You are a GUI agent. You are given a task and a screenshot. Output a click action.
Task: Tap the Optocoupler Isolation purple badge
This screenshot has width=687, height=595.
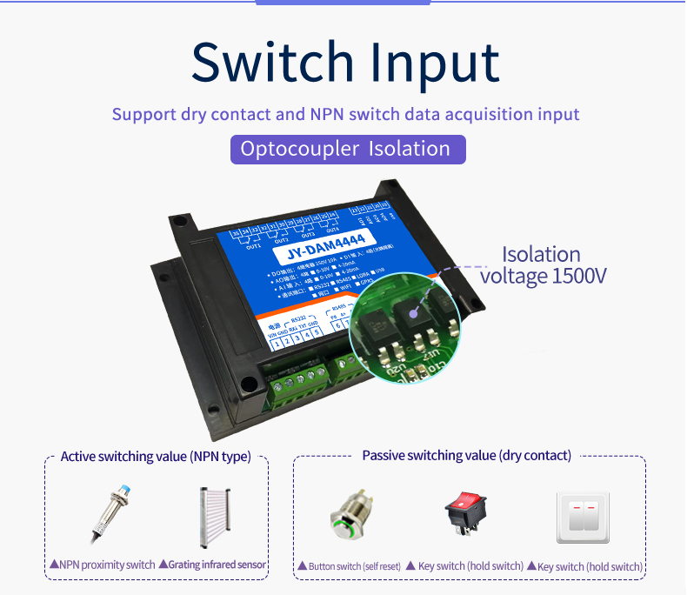tap(348, 149)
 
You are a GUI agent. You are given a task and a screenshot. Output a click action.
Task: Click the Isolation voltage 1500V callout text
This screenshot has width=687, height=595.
tap(544, 265)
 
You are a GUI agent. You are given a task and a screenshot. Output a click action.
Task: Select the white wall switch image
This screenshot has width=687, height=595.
tap(583, 517)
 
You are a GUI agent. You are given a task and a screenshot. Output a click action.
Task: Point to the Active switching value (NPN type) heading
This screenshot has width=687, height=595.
tap(156, 456)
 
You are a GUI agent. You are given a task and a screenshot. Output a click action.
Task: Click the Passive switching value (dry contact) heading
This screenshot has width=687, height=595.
tap(467, 455)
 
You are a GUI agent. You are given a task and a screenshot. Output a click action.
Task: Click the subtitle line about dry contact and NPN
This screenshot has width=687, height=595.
tap(345, 114)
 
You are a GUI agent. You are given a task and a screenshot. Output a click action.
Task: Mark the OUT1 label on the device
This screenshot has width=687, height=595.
tap(254, 246)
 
